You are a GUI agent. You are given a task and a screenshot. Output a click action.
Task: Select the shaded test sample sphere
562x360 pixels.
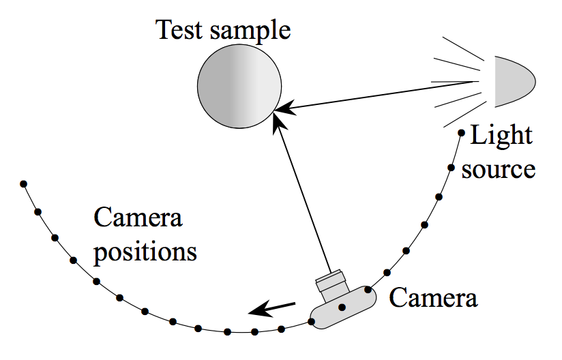pyautogui.click(x=239, y=88)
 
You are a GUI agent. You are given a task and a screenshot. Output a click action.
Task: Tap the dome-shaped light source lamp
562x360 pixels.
pyautogui.click(x=514, y=81)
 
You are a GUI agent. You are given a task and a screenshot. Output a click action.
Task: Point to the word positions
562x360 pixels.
pyautogui.click(x=145, y=252)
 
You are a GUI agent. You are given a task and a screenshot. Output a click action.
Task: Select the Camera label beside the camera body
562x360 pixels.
pyautogui.click(x=433, y=297)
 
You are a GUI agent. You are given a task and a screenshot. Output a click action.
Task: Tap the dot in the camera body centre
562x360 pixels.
pyautogui.click(x=342, y=307)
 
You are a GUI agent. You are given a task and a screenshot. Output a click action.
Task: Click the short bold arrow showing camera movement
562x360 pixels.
pyautogui.click(x=272, y=308)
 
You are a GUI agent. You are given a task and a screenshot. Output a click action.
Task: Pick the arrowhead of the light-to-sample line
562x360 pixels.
pyautogui.click(x=286, y=107)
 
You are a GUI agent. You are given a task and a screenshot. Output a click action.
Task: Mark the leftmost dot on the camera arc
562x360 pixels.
pyautogui.click(x=24, y=183)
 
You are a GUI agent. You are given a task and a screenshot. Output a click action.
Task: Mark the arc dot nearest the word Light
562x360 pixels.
pyautogui.click(x=462, y=133)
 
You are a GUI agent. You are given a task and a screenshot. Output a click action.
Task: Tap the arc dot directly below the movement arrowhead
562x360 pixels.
pyautogui.click(x=254, y=332)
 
